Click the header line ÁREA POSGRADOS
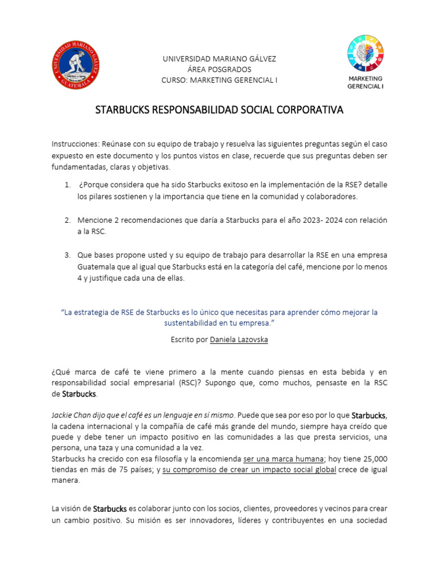tap(219, 70)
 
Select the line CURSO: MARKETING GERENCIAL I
tap(219, 80)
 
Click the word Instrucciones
tap(74, 144)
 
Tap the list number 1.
tap(67, 185)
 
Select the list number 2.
tap(67, 220)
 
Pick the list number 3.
tap(67, 255)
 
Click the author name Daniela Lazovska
tap(239, 339)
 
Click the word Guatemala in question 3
tap(98, 267)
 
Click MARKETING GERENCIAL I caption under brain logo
tap(365, 82)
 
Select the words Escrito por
tap(189, 339)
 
